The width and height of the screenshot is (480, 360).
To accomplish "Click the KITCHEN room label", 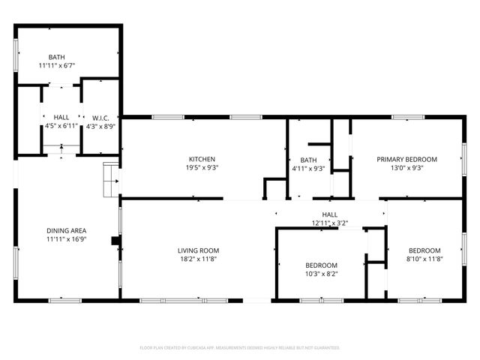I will (202, 159).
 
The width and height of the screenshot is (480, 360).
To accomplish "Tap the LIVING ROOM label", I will (198, 250).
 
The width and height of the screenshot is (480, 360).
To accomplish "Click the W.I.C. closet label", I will (101, 118).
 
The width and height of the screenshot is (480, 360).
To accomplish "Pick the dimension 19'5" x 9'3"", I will (202, 168).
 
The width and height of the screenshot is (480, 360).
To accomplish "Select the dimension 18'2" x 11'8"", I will (198, 259).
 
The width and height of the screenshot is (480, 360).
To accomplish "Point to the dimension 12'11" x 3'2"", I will (330, 223).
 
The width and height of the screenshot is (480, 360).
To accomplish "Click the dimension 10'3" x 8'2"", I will (320, 274).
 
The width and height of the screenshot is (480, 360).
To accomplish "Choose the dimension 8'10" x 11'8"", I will (424, 259).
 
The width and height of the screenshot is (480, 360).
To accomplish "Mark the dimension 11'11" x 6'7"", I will (57, 66).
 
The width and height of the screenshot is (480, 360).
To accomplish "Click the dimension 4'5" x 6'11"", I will (61, 127).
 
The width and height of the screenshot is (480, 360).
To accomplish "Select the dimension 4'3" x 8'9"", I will (101, 127).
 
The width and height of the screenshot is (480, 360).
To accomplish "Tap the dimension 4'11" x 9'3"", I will (308, 169).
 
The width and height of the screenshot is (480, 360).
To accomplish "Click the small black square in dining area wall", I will (115, 241).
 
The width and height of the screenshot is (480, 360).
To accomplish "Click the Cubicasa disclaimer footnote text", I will (240, 348).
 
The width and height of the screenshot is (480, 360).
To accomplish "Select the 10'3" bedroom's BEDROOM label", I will (320, 265).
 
